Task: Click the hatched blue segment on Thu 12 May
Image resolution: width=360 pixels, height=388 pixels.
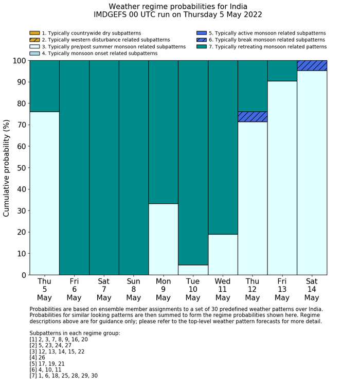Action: (x=253, y=117)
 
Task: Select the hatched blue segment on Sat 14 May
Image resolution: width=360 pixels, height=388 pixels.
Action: (x=312, y=65)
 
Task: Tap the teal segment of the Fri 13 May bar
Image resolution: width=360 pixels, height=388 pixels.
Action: (x=282, y=70)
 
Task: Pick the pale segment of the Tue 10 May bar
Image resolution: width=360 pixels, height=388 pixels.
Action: (x=193, y=270)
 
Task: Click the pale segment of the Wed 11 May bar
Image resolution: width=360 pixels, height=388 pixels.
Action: (x=223, y=254)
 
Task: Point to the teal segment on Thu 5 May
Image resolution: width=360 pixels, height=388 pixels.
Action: (x=45, y=86)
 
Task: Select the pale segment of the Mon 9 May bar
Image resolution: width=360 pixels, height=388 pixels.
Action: (x=163, y=239)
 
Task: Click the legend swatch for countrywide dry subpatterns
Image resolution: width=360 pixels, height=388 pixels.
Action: (x=34, y=33)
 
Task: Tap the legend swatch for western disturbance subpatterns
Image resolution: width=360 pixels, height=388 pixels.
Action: (x=34, y=40)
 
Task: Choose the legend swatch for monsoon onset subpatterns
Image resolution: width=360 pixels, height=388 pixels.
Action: (x=34, y=54)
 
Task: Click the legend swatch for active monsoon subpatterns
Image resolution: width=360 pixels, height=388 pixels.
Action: (x=202, y=33)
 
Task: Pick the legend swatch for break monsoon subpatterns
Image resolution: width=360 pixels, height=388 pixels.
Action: (x=202, y=40)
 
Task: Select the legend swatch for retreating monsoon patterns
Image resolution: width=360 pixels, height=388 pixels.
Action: (x=202, y=47)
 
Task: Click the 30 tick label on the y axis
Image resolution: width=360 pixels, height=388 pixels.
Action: (x=21, y=211)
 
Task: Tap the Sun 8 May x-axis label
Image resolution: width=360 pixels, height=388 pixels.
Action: (x=134, y=289)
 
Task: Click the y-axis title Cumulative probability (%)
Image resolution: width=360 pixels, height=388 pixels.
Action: (x=7, y=168)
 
